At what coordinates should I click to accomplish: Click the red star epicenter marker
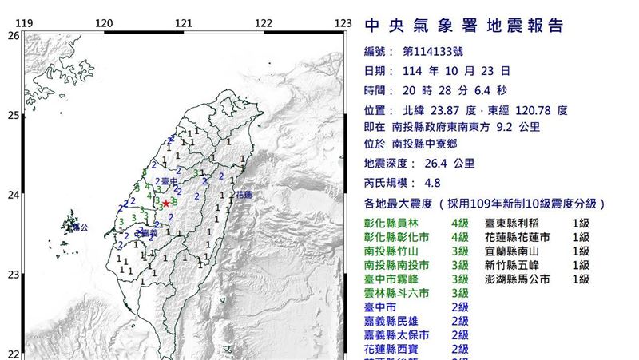pyautogui.click(x=165, y=204)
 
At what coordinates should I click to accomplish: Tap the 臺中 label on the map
pyautogui.click(x=169, y=183)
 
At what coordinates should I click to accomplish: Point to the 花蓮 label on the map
pyautogui.click(x=244, y=194)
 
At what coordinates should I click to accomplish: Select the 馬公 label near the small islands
pyautogui.click(x=79, y=227)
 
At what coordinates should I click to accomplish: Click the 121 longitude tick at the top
pyautogui.click(x=184, y=22)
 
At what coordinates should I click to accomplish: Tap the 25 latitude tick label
pyautogui.click(x=13, y=116)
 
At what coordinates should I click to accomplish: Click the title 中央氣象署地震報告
pyautogui.click(x=464, y=26)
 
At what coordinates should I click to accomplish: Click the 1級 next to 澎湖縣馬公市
pyautogui.click(x=581, y=279)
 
